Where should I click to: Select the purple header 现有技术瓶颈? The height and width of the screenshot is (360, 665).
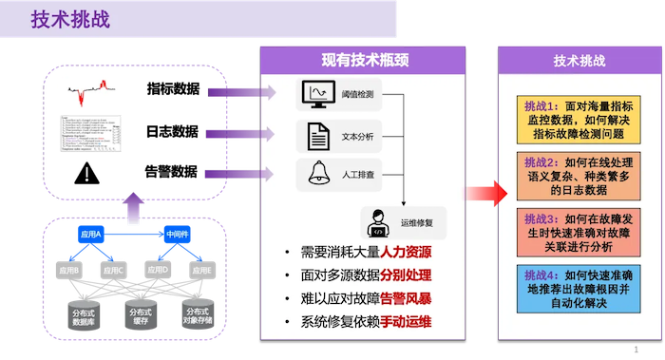[363, 60]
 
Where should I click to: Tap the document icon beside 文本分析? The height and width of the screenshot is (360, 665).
[315, 136]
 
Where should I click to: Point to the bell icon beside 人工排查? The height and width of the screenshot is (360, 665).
[314, 175]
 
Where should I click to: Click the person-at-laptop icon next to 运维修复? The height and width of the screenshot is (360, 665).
[376, 223]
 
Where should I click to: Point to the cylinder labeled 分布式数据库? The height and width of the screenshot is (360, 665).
[84, 314]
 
